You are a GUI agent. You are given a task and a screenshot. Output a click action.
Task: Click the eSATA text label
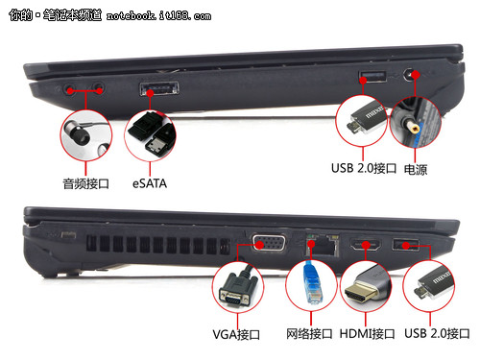150,183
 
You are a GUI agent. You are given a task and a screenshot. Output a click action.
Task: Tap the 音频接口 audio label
85,183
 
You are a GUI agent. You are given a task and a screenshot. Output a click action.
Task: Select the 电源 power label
416,170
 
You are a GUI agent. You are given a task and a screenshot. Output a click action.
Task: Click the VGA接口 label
236,334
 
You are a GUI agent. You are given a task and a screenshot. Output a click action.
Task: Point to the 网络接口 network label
309,334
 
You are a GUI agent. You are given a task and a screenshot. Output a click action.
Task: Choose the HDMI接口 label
367,334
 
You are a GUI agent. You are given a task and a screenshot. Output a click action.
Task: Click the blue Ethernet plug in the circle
313,283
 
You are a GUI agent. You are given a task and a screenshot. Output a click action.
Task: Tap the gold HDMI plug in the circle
365,286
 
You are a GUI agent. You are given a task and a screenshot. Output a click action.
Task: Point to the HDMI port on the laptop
365,246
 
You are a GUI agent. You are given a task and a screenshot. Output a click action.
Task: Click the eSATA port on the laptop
159,88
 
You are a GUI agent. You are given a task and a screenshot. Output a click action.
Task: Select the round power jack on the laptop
410,76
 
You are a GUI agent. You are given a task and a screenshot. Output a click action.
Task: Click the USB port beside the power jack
372,77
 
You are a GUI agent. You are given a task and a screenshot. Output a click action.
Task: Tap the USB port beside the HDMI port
405,245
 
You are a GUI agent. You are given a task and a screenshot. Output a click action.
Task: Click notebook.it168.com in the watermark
158,15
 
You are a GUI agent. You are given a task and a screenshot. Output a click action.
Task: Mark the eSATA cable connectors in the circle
152,134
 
